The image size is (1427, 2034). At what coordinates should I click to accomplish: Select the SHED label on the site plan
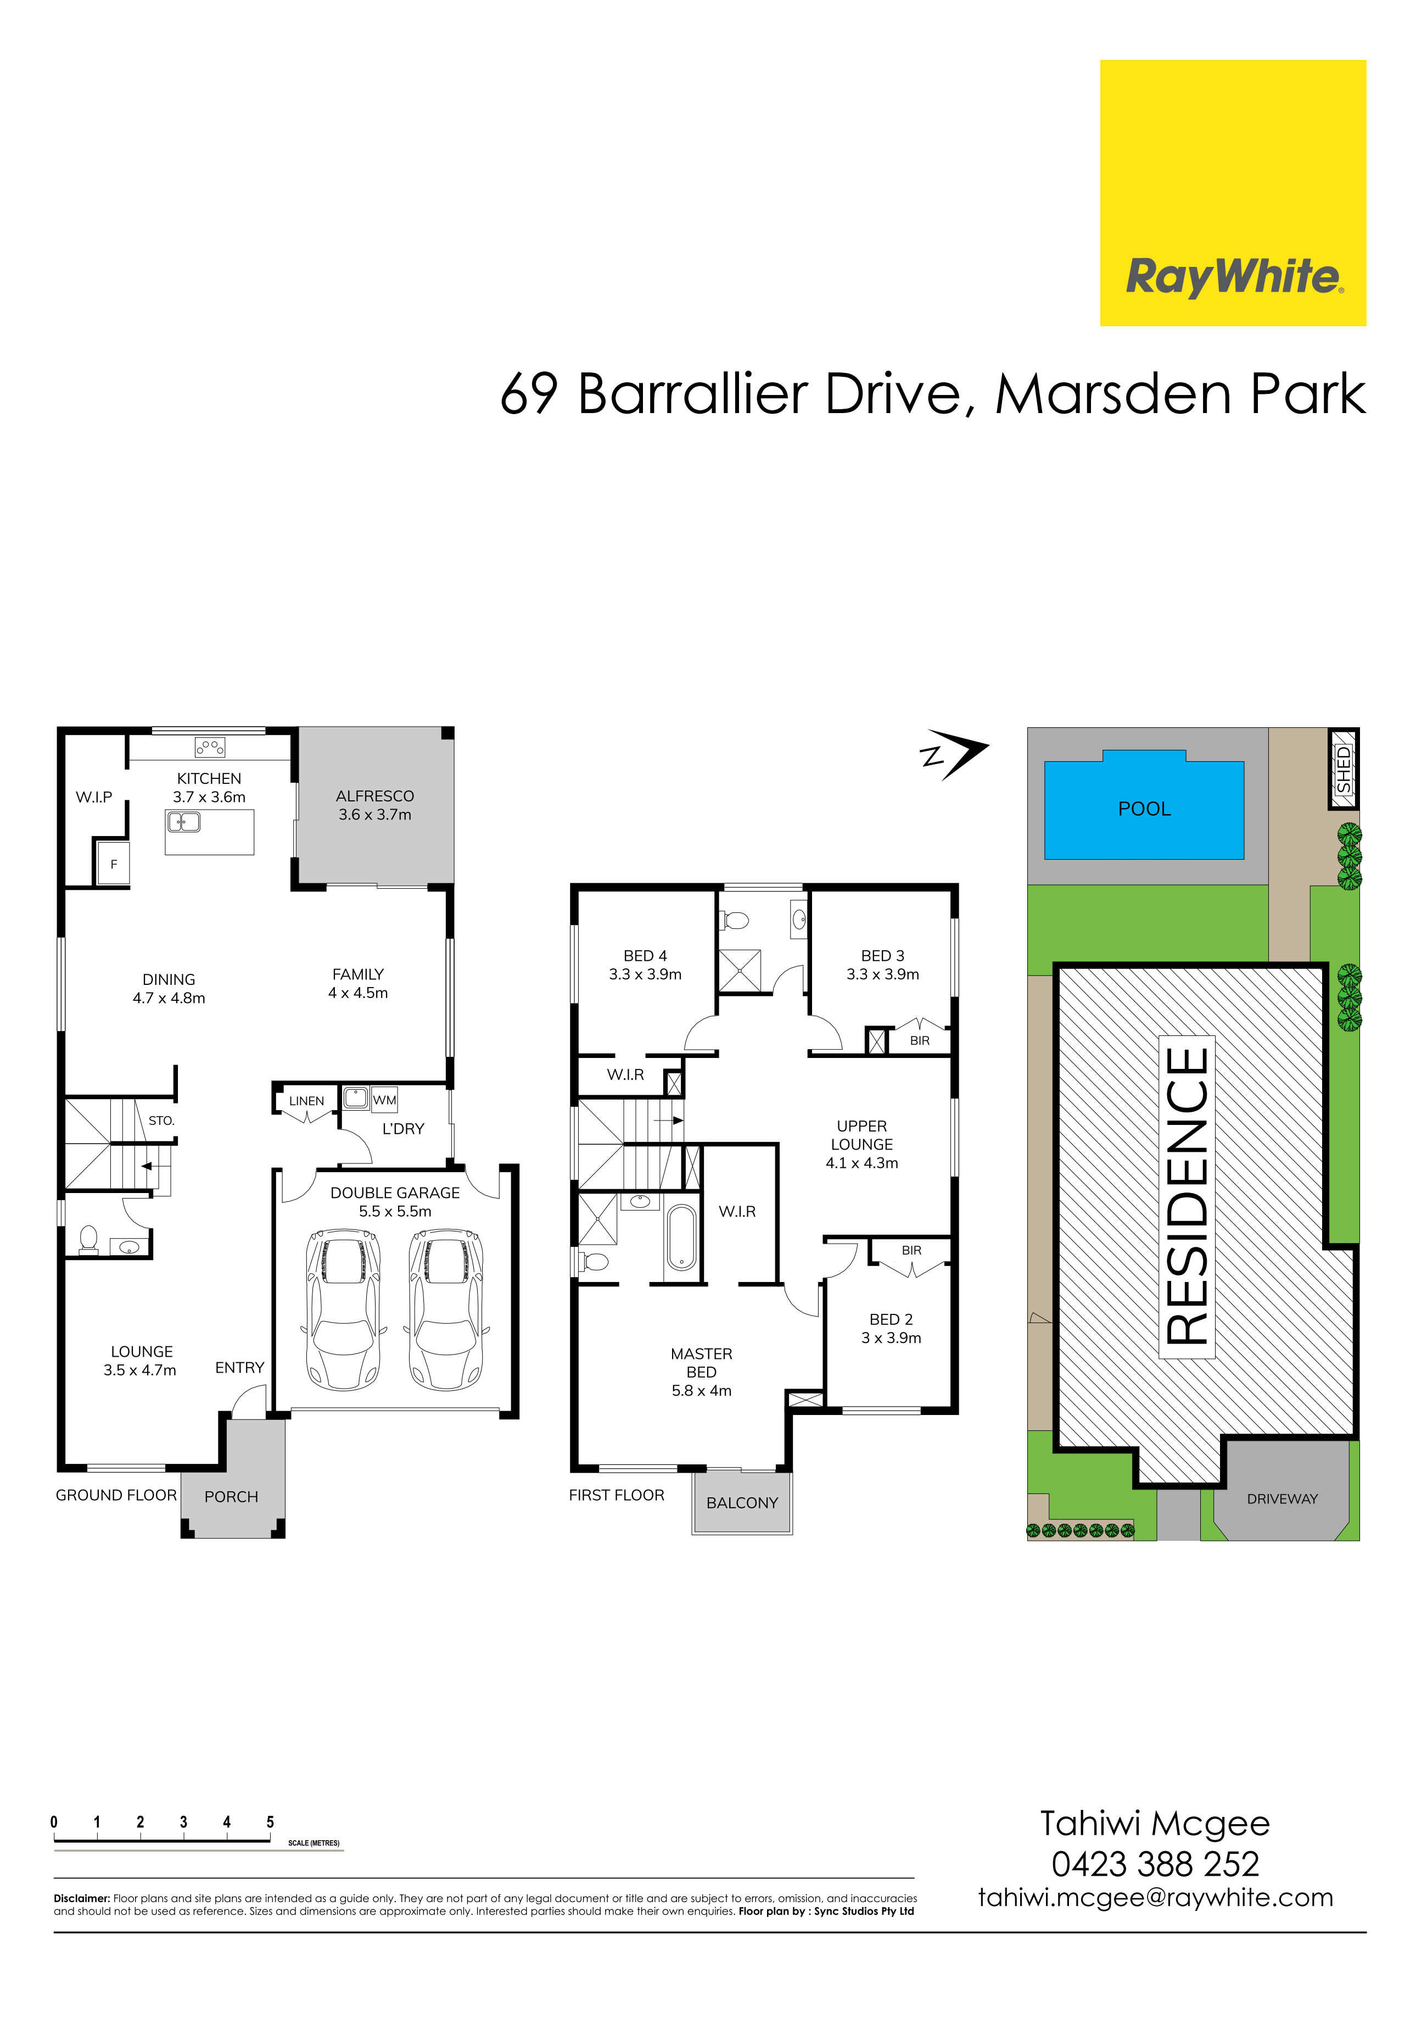click(x=1343, y=769)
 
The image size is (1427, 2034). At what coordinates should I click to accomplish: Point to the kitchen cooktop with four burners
click(x=210, y=747)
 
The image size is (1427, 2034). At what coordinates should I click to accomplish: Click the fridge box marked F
click(x=114, y=863)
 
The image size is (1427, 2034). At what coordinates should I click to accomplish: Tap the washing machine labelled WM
click(x=384, y=1099)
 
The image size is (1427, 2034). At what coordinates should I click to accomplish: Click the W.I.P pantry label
click(x=94, y=796)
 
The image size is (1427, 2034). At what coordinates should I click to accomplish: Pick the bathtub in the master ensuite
click(x=681, y=1238)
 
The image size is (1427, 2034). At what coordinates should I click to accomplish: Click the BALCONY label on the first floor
click(x=742, y=1502)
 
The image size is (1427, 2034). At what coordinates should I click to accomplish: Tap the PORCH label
click(x=231, y=1496)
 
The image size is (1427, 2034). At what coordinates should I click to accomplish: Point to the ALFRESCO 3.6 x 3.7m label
click(x=374, y=804)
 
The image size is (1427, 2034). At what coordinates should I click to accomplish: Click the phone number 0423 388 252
click(x=1155, y=1864)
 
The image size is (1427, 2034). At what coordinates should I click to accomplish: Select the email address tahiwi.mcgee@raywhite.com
click(x=1155, y=1898)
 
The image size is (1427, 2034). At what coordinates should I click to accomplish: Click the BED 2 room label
click(x=891, y=1328)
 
